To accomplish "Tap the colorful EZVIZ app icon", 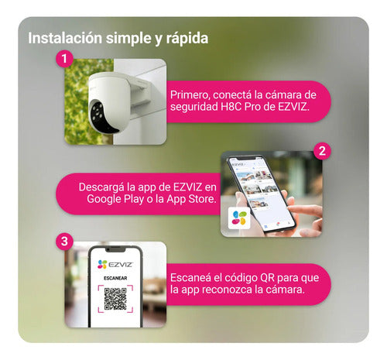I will [241, 218].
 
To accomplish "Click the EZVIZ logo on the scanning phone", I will [113, 265].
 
